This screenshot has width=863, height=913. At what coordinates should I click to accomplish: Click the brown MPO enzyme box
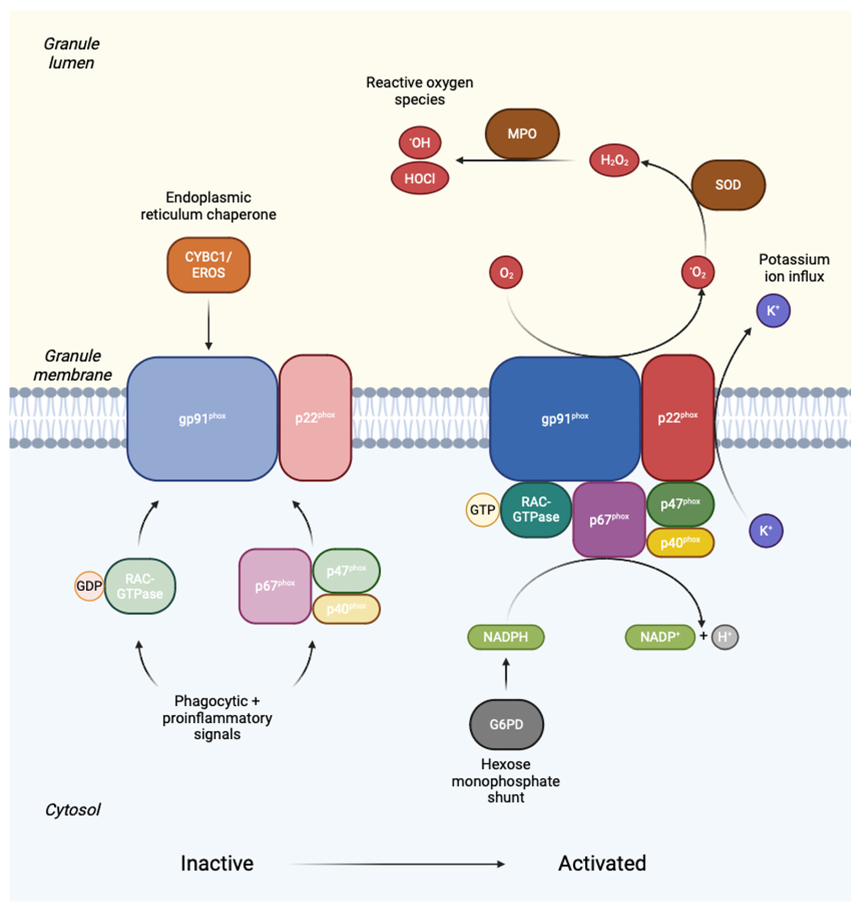pyautogui.click(x=522, y=134)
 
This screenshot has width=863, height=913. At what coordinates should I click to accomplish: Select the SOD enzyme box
pyautogui.click(x=728, y=185)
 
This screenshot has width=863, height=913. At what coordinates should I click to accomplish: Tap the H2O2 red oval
pyautogui.click(x=614, y=160)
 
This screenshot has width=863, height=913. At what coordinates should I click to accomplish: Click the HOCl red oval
pyautogui.click(x=419, y=178)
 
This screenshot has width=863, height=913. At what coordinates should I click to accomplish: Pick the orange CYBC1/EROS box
pyautogui.click(x=208, y=265)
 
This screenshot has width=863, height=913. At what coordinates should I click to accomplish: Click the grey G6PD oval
pyautogui.click(x=506, y=724)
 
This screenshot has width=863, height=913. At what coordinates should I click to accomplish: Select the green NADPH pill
pyautogui.click(x=505, y=637)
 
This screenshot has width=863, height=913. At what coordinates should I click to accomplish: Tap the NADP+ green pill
pyautogui.click(x=659, y=637)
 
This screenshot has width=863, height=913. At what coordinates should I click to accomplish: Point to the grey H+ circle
pyautogui.click(x=725, y=637)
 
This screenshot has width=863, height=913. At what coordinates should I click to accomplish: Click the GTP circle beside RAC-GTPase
pyautogui.click(x=482, y=510)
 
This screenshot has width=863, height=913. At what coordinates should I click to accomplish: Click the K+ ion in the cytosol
pyautogui.click(x=766, y=531)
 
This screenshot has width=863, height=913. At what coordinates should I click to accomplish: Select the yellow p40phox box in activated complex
pyautogui.click(x=680, y=543)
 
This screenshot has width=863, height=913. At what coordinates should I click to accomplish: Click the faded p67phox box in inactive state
pyautogui.click(x=274, y=586)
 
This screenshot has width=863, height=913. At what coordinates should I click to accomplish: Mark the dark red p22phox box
pyautogui.click(x=678, y=418)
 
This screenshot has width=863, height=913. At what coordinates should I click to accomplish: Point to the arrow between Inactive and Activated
pyautogui.click(x=398, y=864)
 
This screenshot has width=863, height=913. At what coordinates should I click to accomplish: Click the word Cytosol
pyautogui.click(x=72, y=810)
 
